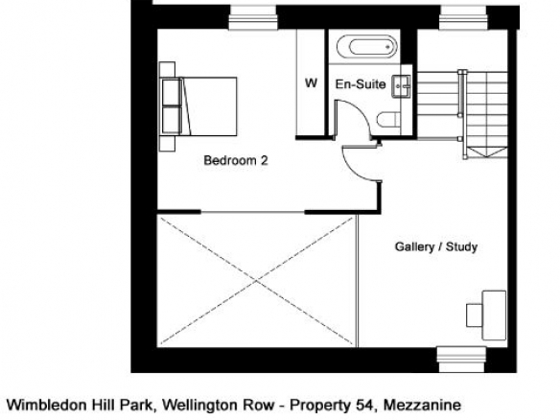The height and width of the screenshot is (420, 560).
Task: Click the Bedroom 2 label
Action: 236,160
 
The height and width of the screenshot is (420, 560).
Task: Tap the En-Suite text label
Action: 361,84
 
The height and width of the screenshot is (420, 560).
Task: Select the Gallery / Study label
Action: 436,246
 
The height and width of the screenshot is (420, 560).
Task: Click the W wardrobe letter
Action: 311,83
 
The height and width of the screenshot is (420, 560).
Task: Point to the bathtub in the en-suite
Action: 367,47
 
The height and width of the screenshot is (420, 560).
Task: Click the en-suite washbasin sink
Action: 402,86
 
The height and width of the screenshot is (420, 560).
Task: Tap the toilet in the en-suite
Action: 388,119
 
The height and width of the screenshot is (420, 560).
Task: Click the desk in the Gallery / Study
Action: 494,315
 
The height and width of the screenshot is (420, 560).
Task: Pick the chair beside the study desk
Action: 475,315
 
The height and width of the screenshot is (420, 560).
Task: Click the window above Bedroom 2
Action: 252,18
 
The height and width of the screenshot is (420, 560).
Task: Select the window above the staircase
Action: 463,18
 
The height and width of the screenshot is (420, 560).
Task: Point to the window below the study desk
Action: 462,360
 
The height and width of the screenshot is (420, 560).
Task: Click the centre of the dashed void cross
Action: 256,281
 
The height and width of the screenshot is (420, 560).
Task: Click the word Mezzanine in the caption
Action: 422,406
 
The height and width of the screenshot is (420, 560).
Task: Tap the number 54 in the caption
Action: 364,406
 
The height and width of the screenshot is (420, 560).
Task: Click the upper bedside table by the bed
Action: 167,70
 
